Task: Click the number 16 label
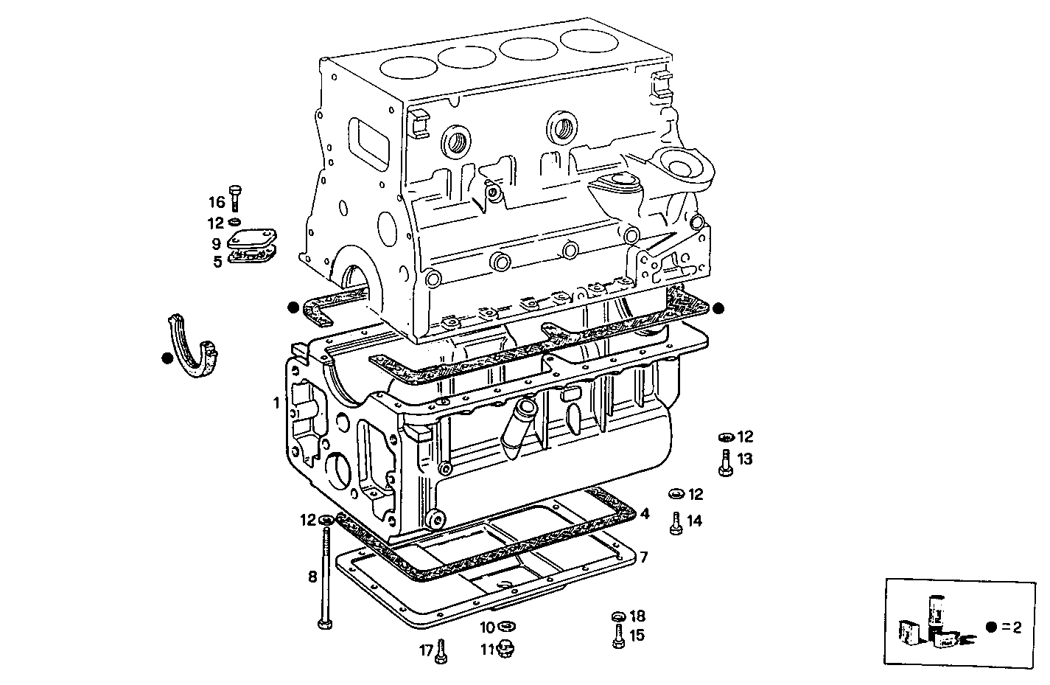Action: [216, 202]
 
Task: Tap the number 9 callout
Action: [216, 243]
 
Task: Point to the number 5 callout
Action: [217, 261]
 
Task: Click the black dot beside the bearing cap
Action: [167, 358]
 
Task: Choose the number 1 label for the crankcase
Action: [276, 403]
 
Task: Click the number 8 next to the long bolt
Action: [312, 577]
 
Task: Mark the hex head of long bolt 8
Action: [325, 625]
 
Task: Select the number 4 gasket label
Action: [645, 513]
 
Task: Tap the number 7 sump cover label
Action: [643, 557]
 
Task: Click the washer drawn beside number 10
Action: [506, 627]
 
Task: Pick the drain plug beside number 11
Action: [506, 649]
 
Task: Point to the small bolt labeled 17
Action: [441, 650]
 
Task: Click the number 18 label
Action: [637, 616]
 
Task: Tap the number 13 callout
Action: [745, 459]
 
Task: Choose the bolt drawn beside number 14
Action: [674, 522]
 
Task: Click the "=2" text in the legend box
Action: [1012, 627]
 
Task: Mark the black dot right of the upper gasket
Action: [718, 308]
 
